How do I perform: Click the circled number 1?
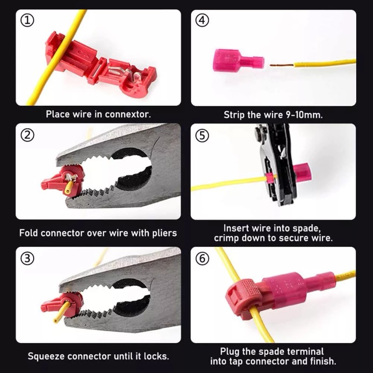click(x=28, y=21)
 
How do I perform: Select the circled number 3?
click(x=28, y=258)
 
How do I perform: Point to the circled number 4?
click(x=202, y=21)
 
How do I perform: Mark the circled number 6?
click(x=202, y=258)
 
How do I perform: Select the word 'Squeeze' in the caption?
click(x=46, y=357)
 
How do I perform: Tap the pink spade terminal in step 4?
click(x=236, y=60)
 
